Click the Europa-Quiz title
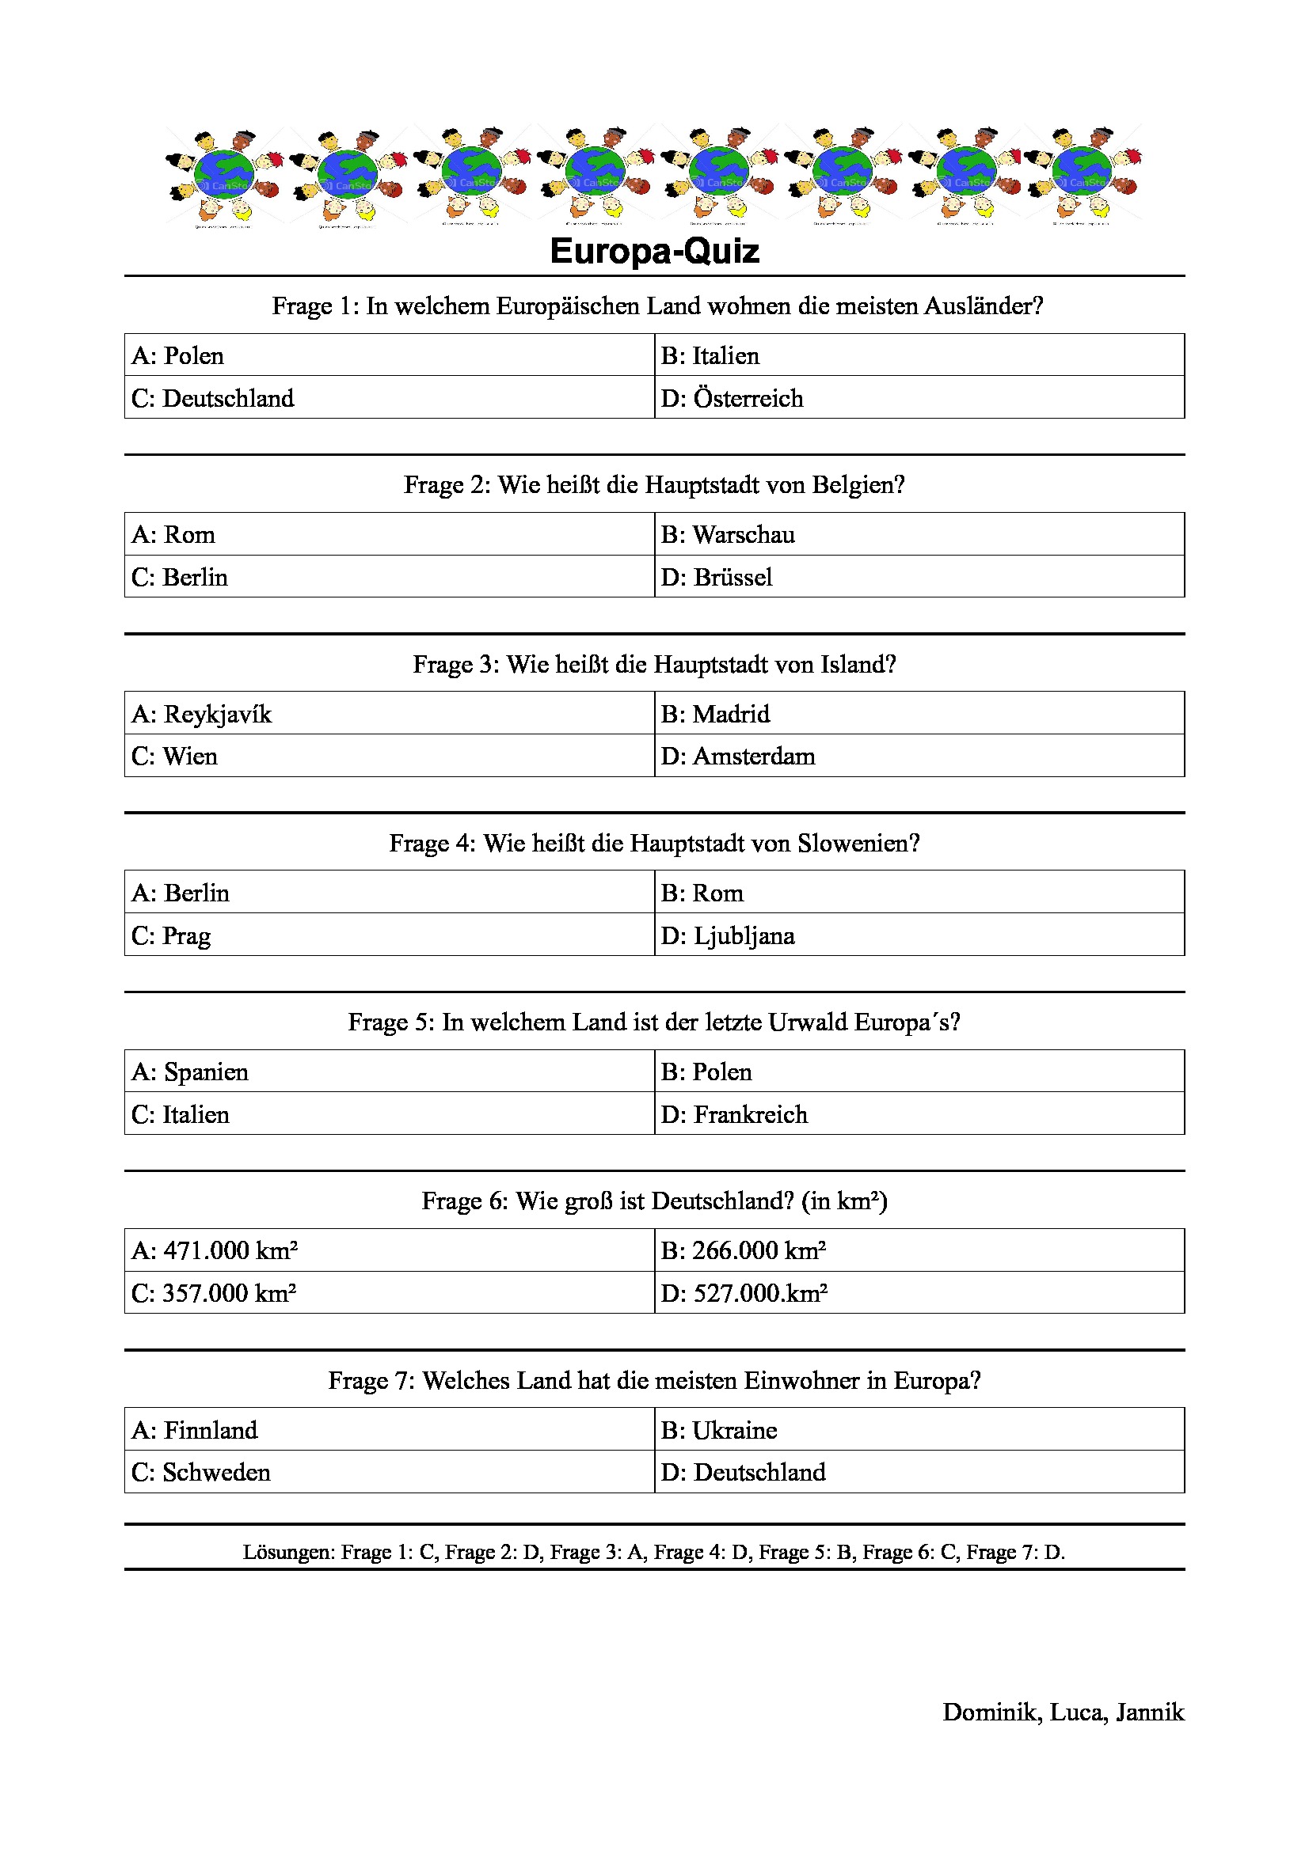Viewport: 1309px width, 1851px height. tap(654, 252)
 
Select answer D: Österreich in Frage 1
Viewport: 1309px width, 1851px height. tap(733, 398)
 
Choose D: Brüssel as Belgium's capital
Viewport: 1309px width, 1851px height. tap(717, 577)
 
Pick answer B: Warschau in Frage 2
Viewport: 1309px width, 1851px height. tap(729, 534)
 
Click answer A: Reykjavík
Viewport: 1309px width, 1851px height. tap(202, 715)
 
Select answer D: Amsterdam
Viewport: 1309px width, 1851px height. tap(738, 757)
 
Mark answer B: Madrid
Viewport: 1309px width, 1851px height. tap(715, 715)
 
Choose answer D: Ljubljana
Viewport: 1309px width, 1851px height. tap(729, 936)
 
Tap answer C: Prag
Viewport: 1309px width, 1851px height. tap(171, 936)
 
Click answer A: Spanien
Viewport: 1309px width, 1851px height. tap(190, 1072)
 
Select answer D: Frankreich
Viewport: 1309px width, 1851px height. tap(734, 1115)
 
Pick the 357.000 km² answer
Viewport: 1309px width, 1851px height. tap(215, 1293)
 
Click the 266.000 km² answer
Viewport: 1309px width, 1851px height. tap(744, 1250)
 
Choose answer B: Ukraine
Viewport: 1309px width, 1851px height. tap(718, 1430)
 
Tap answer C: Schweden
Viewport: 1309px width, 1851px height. tap(201, 1473)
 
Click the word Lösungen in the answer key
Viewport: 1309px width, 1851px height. tap(287, 1553)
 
